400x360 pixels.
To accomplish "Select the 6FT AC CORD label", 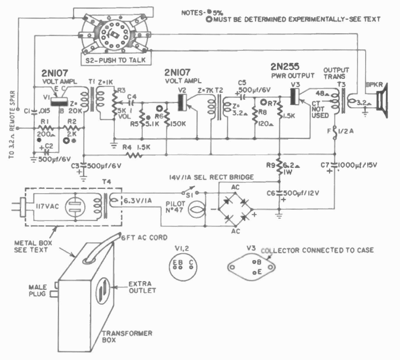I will click(144, 238).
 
